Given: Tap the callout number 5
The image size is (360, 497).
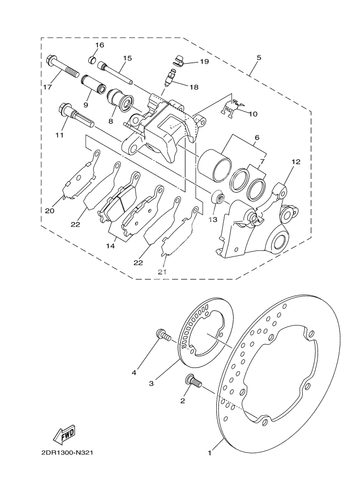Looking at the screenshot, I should pos(259,57).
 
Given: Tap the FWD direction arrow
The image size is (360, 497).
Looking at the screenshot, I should pos(64,433).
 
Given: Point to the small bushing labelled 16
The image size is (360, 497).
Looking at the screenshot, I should pos(93,59).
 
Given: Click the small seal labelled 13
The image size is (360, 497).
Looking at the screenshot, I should pos(217,197).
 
